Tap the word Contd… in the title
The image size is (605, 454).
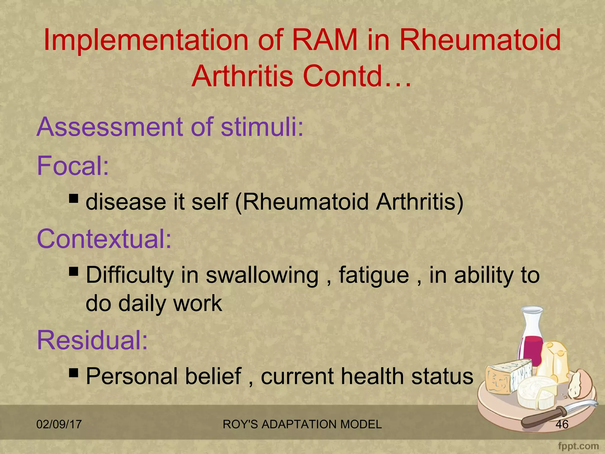357,76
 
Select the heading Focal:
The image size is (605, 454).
73,166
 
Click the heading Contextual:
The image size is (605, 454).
104,239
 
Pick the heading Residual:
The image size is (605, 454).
92,340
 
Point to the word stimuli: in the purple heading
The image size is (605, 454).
262,127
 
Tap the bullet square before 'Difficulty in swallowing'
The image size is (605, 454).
74,271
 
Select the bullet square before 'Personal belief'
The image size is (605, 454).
74,373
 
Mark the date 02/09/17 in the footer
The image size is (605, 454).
59,424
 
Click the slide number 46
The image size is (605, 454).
562,424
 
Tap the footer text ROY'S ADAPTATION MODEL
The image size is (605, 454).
302,424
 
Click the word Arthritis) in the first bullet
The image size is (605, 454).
419,202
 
